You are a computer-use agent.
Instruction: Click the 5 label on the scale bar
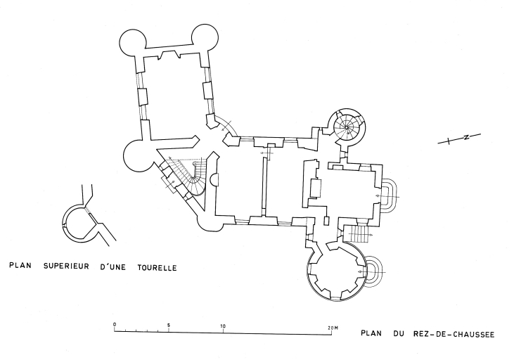(169, 326)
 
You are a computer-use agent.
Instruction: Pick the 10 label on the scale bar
(223, 326)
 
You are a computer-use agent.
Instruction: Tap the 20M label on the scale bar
(333, 326)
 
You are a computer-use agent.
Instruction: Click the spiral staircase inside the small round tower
(347, 127)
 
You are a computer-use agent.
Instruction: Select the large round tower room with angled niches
(336, 269)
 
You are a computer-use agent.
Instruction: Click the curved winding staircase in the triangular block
(191, 174)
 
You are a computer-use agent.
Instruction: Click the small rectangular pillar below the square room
(325, 220)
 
